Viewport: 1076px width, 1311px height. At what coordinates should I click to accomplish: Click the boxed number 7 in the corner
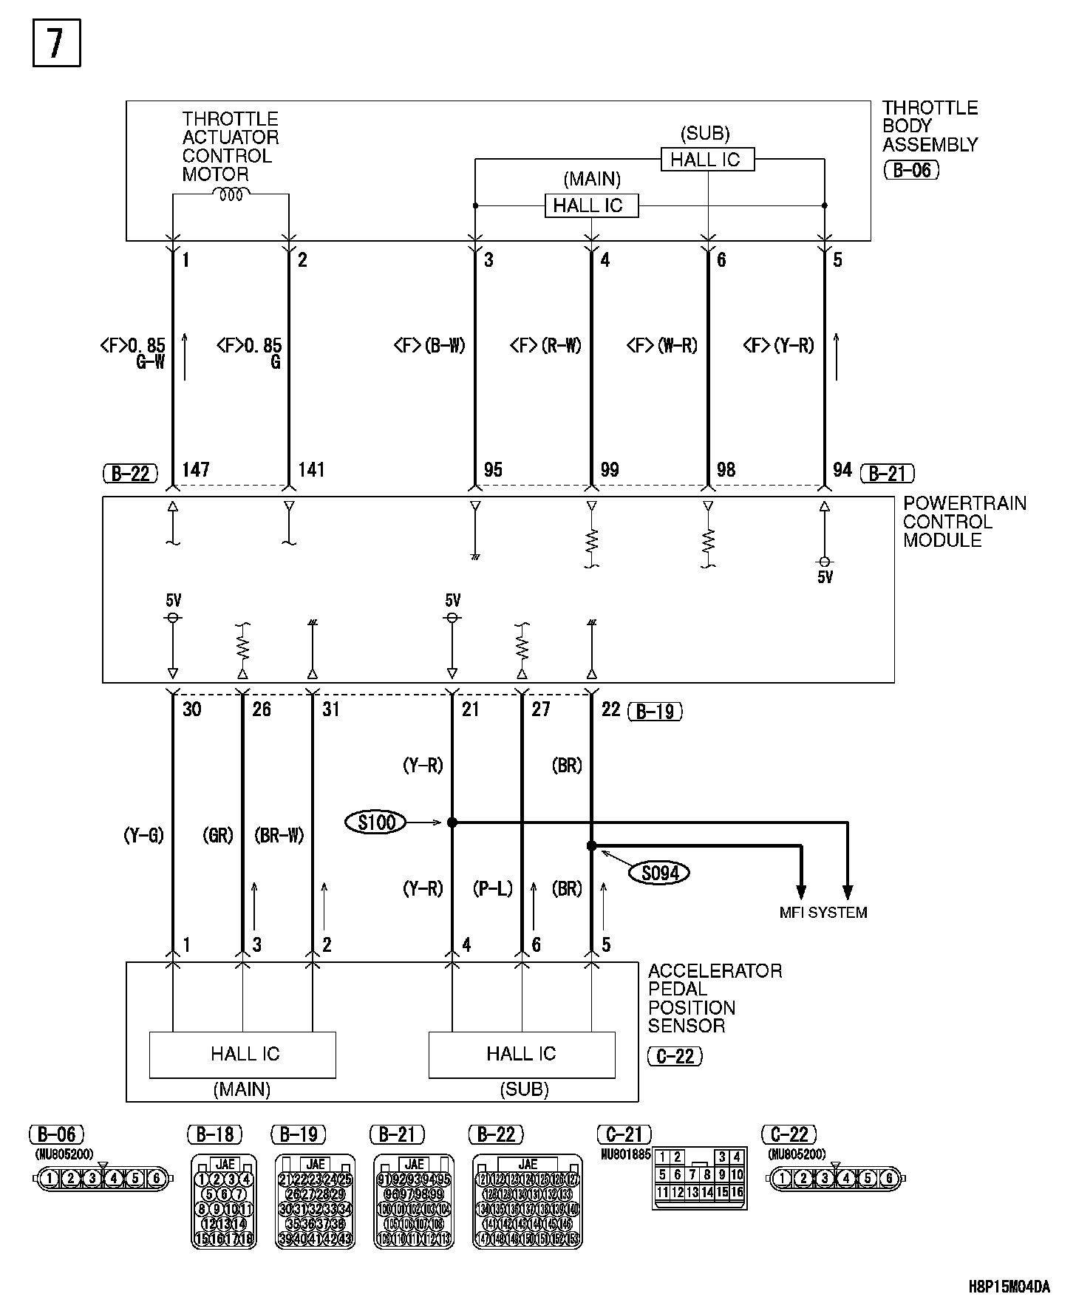pos(56,44)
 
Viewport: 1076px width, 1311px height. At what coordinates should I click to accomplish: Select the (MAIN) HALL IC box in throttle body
pos(590,205)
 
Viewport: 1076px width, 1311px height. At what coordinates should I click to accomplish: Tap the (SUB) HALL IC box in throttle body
pos(707,160)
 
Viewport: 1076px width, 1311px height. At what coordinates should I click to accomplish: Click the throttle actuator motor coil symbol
pos(231,194)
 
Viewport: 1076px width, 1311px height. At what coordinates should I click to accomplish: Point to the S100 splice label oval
pos(375,822)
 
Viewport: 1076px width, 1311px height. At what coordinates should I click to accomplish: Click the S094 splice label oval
pos(659,874)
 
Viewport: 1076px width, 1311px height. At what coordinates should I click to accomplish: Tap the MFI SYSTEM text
pos(823,913)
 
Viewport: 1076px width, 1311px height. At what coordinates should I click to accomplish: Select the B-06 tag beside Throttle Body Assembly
pos(911,170)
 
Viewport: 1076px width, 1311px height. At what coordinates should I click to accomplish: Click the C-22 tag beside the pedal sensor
pos(674,1056)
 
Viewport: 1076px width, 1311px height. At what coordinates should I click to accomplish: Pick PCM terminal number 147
pos(196,469)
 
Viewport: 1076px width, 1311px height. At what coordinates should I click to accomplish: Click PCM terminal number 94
pos(842,469)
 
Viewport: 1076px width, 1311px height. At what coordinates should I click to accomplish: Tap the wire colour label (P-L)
pos(492,888)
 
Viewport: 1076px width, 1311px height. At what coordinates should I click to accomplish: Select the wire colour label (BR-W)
pos(279,836)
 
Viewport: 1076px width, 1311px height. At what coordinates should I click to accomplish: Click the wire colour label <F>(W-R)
pos(662,345)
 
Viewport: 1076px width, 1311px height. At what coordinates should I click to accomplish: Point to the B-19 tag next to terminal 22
pos(655,711)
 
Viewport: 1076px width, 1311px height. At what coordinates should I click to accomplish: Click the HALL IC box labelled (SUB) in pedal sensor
pos(522,1054)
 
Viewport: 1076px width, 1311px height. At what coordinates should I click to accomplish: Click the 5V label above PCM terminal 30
pos(174,600)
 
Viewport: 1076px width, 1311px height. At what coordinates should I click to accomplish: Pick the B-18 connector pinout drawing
pos(224,1200)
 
